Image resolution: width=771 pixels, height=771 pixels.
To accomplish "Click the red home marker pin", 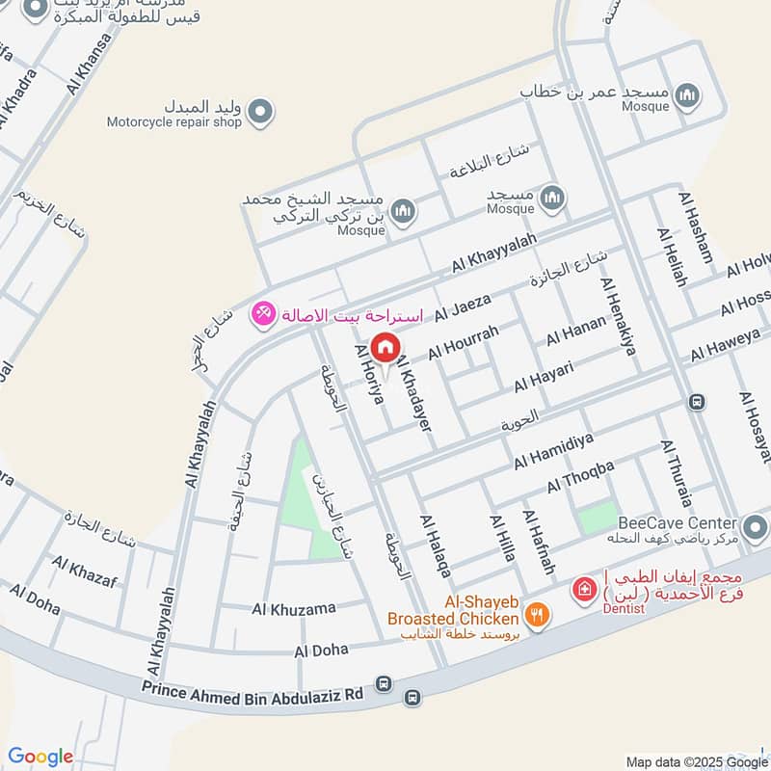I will (x=385, y=347).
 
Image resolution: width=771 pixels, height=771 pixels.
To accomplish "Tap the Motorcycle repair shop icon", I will (x=258, y=114).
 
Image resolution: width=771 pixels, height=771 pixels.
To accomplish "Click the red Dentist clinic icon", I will (x=582, y=587).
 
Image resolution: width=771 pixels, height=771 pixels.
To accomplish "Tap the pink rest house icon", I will (x=261, y=314).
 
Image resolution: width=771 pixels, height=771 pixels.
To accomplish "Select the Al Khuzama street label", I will (x=294, y=608).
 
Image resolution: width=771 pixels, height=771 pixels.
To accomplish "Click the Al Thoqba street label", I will (x=580, y=475).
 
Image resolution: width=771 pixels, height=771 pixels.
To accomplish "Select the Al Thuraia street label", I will (x=677, y=473).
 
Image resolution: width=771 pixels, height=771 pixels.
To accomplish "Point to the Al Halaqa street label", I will (x=436, y=546).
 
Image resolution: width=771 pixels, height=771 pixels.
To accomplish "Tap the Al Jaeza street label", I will (x=463, y=308).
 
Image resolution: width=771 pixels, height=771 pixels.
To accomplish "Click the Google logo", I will (x=40, y=757).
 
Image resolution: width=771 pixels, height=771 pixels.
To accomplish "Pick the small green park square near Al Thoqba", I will (x=597, y=519).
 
